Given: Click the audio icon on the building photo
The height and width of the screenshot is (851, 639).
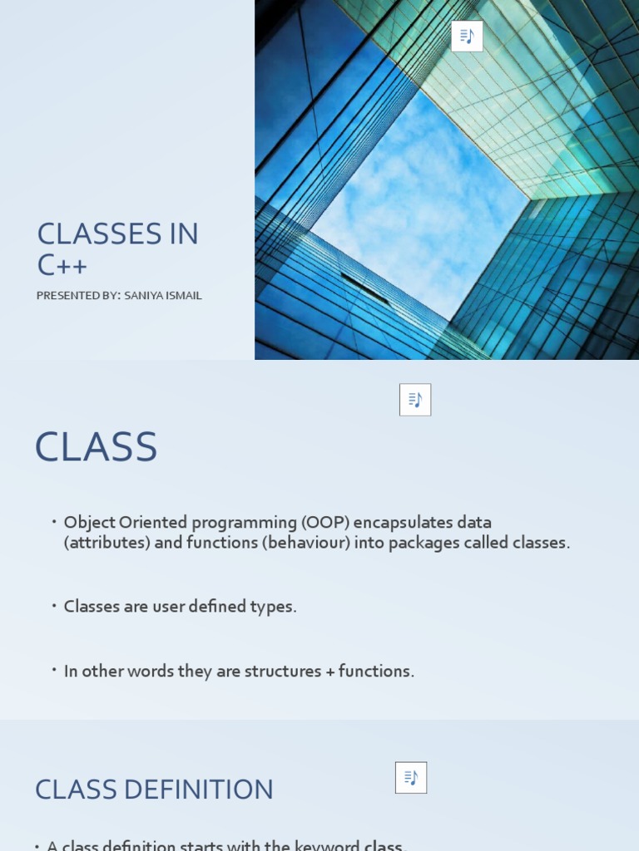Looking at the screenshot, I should [x=467, y=37].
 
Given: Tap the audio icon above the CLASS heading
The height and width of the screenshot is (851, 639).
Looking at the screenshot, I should [x=415, y=400].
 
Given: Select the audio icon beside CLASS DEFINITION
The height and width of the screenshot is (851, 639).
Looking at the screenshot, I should [x=411, y=778].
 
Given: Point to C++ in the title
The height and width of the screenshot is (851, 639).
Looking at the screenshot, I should [x=62, y=265].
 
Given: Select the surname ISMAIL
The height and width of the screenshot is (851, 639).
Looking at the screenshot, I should [x=186, y=296].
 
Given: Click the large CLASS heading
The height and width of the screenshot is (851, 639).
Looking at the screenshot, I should [x=97, y=447].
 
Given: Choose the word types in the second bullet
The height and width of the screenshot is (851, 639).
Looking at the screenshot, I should [x=273, y=607].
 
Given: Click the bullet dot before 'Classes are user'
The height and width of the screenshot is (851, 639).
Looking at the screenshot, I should [x=53, y=605].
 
